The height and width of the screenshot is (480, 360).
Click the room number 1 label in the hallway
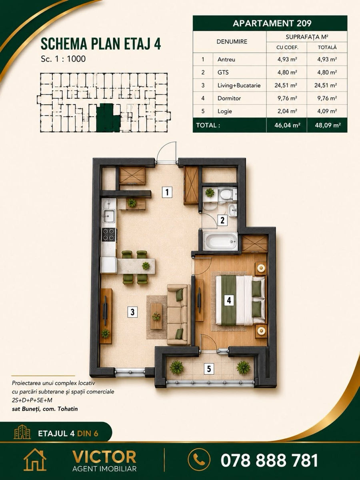(x=167, y=192)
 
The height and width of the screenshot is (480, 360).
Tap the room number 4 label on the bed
(x=229, y=300)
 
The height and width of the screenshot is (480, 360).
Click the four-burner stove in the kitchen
(x=109, y=234)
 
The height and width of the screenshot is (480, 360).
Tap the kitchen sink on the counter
(x=109, y=216)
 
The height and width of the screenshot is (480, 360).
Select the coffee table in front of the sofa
(x=156, y=316)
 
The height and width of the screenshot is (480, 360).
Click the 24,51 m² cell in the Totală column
(x=326, y=85)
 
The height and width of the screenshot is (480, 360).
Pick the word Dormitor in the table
(x=229, y=98)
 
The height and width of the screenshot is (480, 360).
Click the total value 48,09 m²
(x=328, y=125)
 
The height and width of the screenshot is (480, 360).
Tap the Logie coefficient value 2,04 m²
(x=287, y=111)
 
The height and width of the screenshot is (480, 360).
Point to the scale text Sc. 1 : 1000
(x=63, y=59)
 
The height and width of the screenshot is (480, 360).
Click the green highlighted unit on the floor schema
(x=107, y=118)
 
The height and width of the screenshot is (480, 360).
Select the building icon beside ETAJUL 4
(x=22, y=432)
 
